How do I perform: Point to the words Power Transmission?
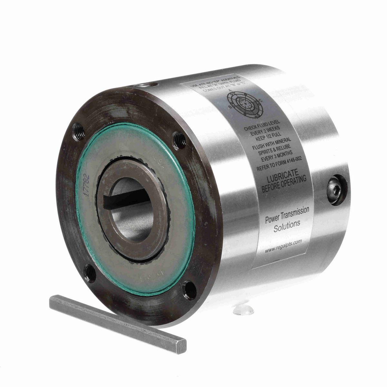point(287,215)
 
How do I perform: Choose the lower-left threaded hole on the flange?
point(90,273)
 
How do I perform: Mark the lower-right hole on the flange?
point(189,290)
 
